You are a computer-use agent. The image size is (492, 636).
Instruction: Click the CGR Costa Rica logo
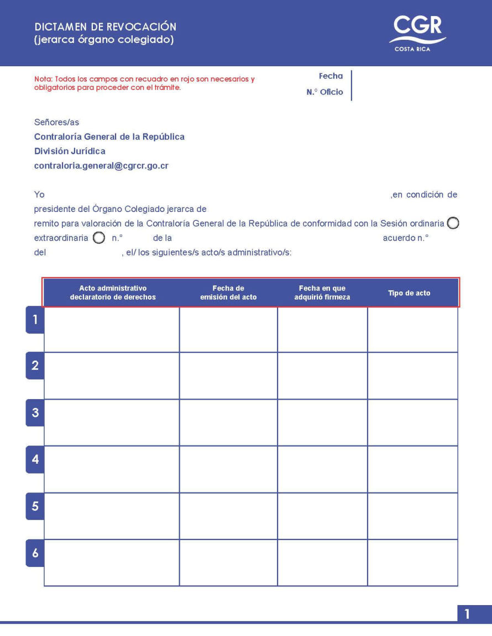point(417,32)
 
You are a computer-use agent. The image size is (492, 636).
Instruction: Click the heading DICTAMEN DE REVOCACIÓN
point(105,27)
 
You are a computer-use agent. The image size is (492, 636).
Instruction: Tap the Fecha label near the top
point(331,76)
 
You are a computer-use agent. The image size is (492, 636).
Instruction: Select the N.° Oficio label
point(324,92)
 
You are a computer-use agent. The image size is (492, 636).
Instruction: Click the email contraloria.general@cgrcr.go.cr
point(101,166)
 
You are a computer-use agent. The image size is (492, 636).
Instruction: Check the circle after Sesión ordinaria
point(453,224)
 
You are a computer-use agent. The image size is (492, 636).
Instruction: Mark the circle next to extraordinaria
point(98,239)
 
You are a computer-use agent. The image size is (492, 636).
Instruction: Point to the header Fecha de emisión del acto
point(228,293)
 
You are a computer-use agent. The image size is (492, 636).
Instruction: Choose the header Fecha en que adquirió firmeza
point(322,293)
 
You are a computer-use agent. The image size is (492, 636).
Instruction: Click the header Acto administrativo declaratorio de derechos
point(113,293)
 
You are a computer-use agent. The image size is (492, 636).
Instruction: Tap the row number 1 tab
point(35,320)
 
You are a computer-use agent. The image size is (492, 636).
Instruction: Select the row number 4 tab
point(35,459)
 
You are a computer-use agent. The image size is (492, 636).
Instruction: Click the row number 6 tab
point(35,553)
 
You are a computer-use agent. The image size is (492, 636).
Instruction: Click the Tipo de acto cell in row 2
point(412,375)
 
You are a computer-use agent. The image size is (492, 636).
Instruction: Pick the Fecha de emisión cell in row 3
point(228,422)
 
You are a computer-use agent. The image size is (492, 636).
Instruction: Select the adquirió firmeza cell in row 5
point(322,516)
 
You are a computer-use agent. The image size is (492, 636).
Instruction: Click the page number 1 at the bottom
point(467,614)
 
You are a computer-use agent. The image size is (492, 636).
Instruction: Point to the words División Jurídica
point(70,151)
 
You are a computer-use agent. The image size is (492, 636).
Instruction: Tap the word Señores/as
point(56,122)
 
